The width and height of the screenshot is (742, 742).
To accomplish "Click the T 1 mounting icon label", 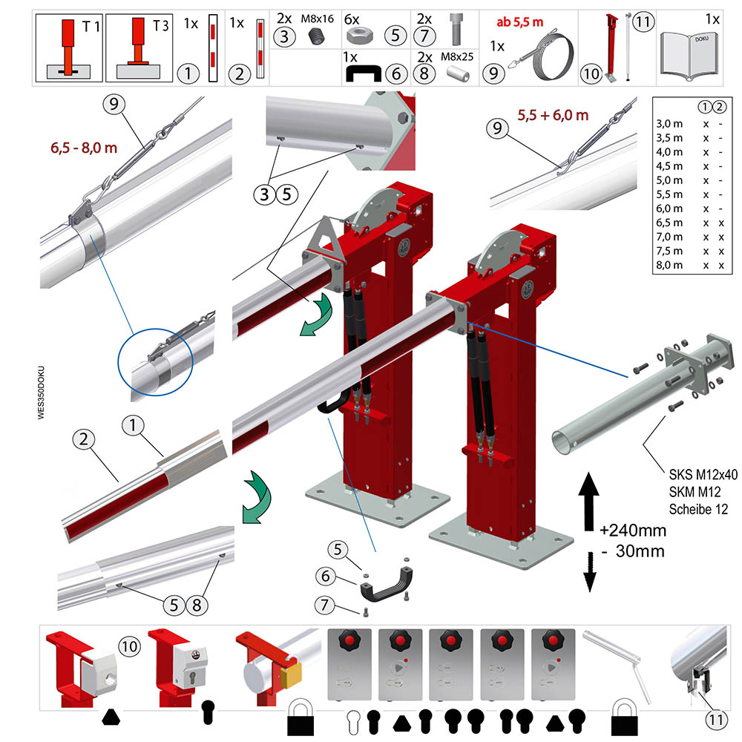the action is (x=91, y=27).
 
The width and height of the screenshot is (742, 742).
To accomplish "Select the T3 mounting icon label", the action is (x=160, y=25).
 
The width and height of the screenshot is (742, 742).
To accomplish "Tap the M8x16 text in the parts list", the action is (x=317, y=19).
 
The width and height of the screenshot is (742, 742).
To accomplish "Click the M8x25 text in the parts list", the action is (x=456, y=57).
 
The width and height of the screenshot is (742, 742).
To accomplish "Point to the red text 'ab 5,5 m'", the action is (x=519, y=22).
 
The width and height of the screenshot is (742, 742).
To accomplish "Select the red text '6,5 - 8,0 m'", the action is (x=84, y=148).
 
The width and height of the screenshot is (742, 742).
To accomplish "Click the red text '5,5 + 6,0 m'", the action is (x=553, y=115).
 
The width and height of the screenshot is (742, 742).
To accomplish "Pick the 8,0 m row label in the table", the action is (x=669, y=265).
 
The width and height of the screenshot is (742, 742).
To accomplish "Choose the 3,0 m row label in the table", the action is (x=669, y=123).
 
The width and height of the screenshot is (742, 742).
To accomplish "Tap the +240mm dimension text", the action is (x=633, y=531).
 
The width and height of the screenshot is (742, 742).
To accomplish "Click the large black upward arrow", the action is (x=588, y=502).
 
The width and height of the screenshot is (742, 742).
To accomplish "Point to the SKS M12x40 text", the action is (x=703, y=475).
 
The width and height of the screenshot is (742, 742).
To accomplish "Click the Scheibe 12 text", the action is (x=698, y=510).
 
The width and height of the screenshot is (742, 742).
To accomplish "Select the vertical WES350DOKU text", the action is (x=41, y=393).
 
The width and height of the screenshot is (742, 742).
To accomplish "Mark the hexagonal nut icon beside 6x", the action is (x=360, y=35).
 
